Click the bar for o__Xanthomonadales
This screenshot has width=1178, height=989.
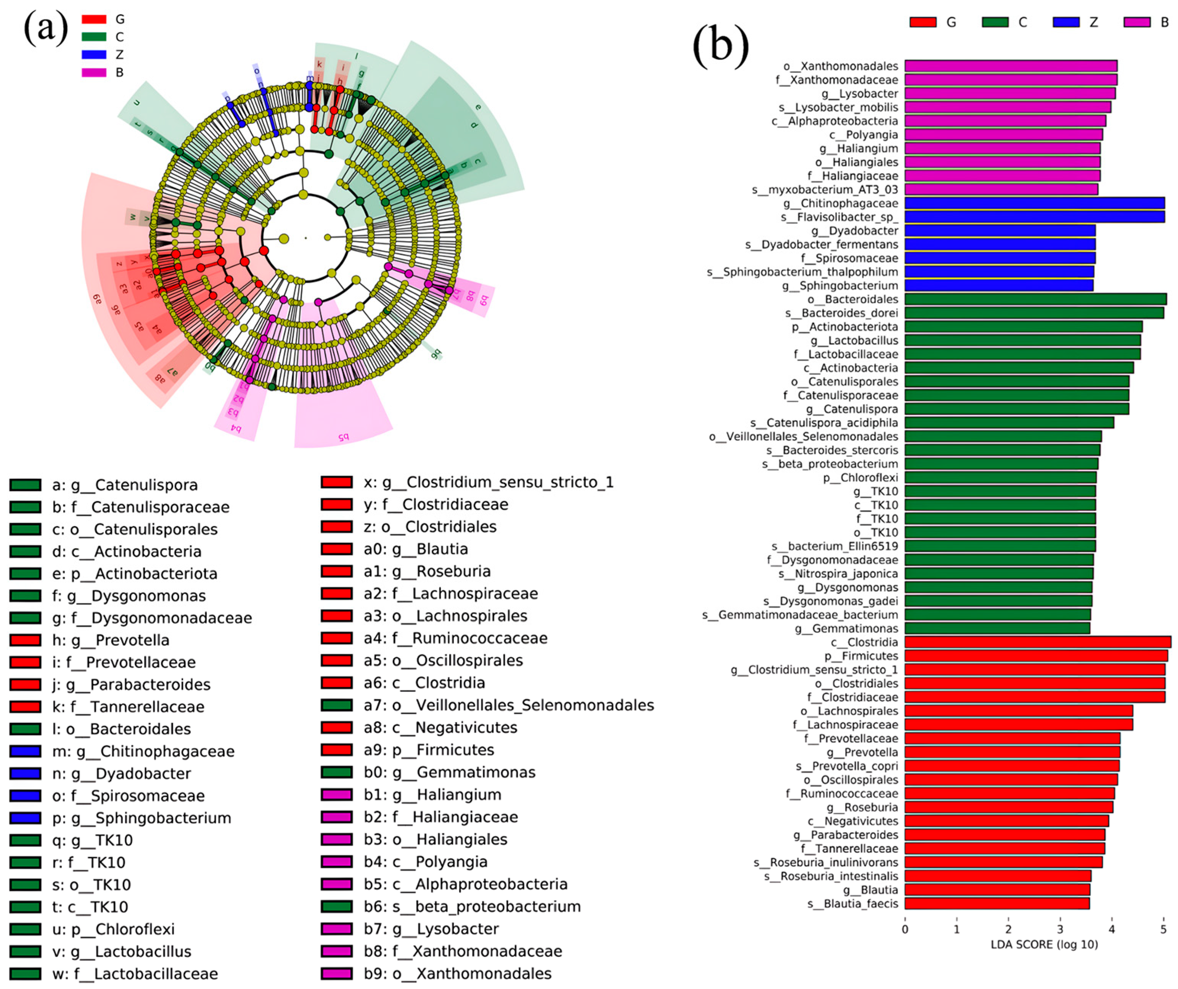[x=1010, y=66]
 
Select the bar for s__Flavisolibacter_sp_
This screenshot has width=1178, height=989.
[x=1034, y=217]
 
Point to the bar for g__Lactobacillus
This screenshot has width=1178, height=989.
[x=1022, y=340]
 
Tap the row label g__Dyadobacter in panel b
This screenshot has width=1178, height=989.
[x=854, y=231]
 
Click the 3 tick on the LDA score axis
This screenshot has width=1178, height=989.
[x=1060, y=930]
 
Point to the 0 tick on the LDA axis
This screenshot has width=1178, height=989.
[x=905, y=930]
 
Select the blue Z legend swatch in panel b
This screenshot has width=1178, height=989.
[x=1066, y=22]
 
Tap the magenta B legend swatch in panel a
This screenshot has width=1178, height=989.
[x=94, y=72]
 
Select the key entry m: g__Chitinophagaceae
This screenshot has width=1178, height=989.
[x=143, y=751]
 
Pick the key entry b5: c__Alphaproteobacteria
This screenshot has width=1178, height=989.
[x=465, y=884]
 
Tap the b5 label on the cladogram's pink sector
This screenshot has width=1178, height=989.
[x=343, y=437]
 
